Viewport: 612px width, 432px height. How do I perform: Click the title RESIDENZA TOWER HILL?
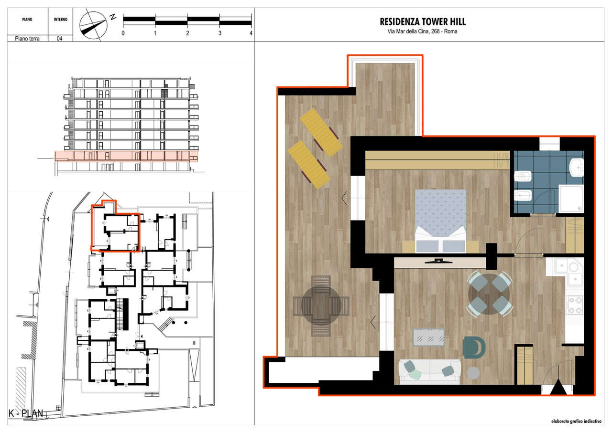(423, 22)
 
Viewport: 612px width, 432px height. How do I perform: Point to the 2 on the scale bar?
(187, 33)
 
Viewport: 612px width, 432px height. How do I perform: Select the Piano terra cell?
(27, 39)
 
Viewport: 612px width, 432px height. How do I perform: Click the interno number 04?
(60, 39)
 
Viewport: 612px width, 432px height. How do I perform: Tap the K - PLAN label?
(26, 413)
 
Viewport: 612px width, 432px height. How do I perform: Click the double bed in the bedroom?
(440, 221)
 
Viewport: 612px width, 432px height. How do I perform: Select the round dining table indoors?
(489, 294)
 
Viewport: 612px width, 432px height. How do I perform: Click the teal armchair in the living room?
(474, 347)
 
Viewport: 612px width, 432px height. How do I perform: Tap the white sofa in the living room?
(430, 372)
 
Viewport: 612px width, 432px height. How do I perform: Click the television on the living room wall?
(438, 261)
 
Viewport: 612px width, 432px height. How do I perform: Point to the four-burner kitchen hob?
(575, 305)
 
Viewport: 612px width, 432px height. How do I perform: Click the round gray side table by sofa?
(473, 373)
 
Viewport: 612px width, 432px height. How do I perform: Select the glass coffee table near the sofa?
(428, 337)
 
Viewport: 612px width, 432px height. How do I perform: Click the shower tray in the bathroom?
(571, 198)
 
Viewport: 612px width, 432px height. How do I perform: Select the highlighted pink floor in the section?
(127, 156)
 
